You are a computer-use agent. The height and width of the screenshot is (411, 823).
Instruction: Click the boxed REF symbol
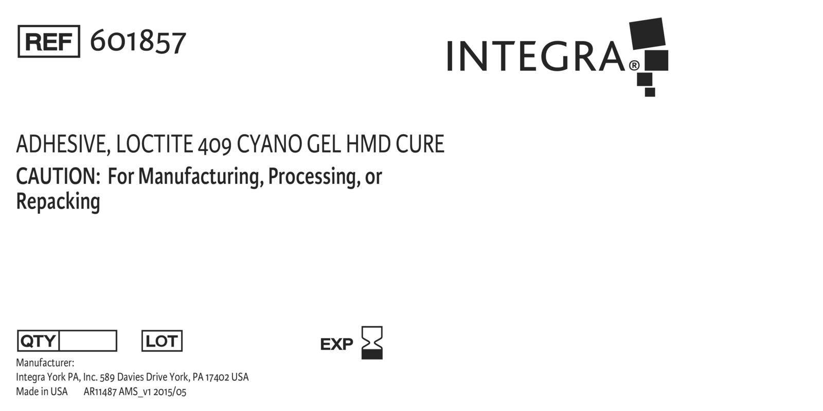click(49, 42)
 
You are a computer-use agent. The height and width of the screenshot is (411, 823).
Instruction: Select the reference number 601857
click(138, 42)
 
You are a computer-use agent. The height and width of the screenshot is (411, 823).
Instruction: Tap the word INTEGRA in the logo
click(535, 57)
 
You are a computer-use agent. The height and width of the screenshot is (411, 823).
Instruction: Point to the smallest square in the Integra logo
click(650, 92)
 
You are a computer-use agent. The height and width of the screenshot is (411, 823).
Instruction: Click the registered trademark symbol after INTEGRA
click(634, 66)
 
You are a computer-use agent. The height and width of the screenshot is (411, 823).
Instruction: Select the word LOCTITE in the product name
click(154, 144)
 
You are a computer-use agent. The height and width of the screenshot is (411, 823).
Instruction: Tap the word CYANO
click(270, 144)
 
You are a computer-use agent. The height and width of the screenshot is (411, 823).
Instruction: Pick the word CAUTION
click(58, 177)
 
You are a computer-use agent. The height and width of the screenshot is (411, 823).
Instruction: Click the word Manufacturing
click(201, 177)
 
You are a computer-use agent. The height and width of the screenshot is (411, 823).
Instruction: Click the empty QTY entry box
click(88, 341)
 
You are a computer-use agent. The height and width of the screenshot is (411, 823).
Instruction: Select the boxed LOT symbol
click(162, 341)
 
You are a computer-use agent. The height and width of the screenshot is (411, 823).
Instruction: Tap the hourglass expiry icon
click(372, 343)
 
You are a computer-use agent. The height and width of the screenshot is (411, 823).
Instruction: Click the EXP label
click(336, 344)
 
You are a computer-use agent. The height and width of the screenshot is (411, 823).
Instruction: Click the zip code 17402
click(217, 377)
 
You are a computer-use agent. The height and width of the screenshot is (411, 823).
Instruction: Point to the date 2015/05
click(170, 392)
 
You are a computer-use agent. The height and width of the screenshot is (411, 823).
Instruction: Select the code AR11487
click(100, 392)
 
